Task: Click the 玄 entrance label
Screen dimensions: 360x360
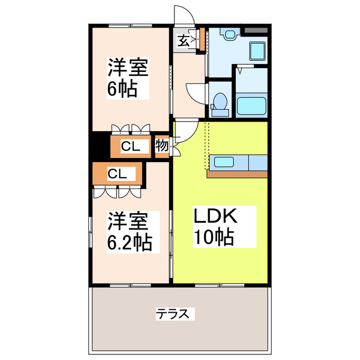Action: [x=183, y=40]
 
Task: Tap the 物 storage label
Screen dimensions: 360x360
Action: [x=161, y=146]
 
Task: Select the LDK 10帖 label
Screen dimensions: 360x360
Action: [x=214, y=227]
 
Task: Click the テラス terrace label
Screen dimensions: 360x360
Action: [x=175, y=313]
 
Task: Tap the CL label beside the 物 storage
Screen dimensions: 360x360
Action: [x=130, y=147]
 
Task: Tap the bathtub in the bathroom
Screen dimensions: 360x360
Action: [x=251, y=105]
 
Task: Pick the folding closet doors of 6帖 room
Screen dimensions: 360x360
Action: [x=130, y=128]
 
